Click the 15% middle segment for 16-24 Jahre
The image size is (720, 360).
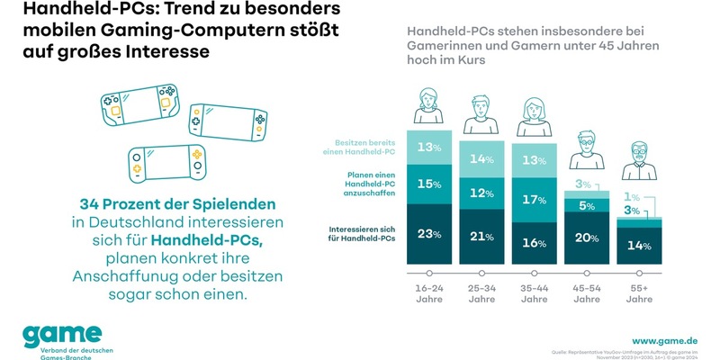coord(428,184)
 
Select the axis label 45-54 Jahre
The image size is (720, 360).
coord(586,292)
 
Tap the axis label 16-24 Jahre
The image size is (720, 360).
coord(428,292)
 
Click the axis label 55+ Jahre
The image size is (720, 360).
coord(638,292)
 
